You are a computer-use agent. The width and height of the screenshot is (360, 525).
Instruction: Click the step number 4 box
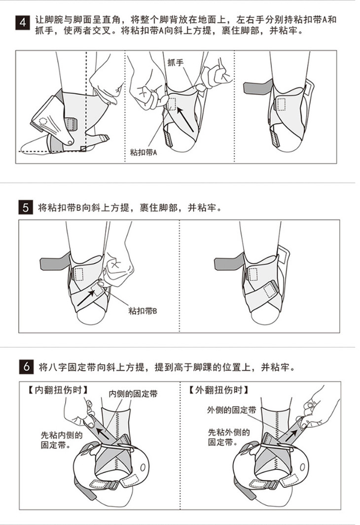pos(23,23)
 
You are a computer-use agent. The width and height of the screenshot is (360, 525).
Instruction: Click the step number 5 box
pos(26,208)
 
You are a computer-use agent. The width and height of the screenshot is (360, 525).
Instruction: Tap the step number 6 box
pos(26,367)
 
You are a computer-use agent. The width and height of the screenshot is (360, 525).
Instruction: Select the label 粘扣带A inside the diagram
pos(144,153)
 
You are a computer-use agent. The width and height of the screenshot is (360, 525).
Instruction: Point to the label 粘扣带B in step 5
pos(143,311)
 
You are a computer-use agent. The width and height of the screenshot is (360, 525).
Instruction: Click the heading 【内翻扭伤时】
pos(58,390)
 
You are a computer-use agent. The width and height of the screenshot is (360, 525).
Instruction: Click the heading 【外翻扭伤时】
pos(218,390)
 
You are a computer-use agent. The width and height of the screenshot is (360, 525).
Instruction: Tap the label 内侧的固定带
pos(133,394)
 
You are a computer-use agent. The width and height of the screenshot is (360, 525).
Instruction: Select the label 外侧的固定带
pos(232,410)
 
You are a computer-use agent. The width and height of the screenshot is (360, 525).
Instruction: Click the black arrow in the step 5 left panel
pos(86,298)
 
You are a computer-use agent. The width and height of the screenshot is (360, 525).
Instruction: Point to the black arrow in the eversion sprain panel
pos(291,436)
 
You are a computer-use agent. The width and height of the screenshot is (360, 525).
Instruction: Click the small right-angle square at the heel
pos(83,149)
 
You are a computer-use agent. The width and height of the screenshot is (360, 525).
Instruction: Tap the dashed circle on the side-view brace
pos(43,121)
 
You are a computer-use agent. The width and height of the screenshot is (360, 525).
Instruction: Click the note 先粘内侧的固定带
pos(62,440)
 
